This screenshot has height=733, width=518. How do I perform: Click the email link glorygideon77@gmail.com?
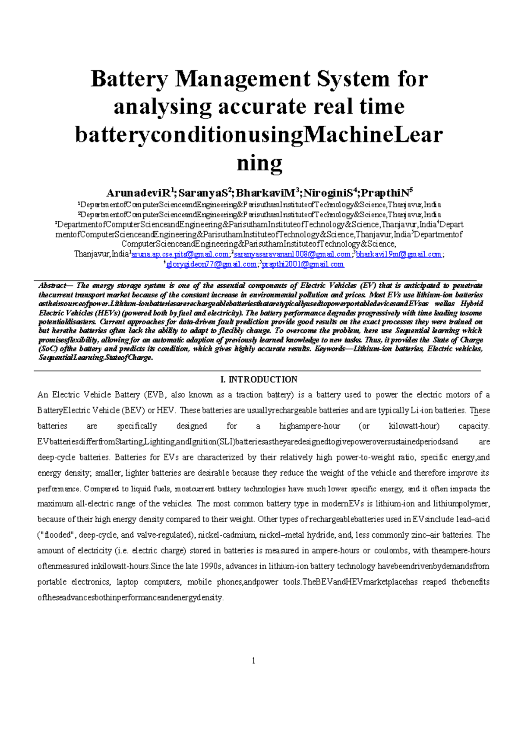212,264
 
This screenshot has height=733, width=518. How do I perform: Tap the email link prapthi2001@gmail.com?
303,264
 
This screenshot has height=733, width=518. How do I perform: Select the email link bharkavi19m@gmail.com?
398,254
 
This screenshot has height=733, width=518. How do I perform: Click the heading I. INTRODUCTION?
259,380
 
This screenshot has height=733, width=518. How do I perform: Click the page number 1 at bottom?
253,660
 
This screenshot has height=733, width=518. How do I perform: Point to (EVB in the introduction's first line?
156,395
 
